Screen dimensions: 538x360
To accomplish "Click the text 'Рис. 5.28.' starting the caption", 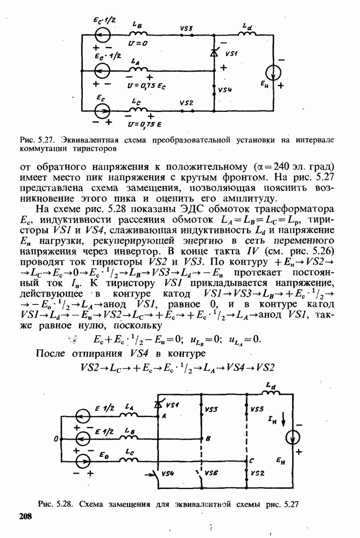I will [x=55, y=505].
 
